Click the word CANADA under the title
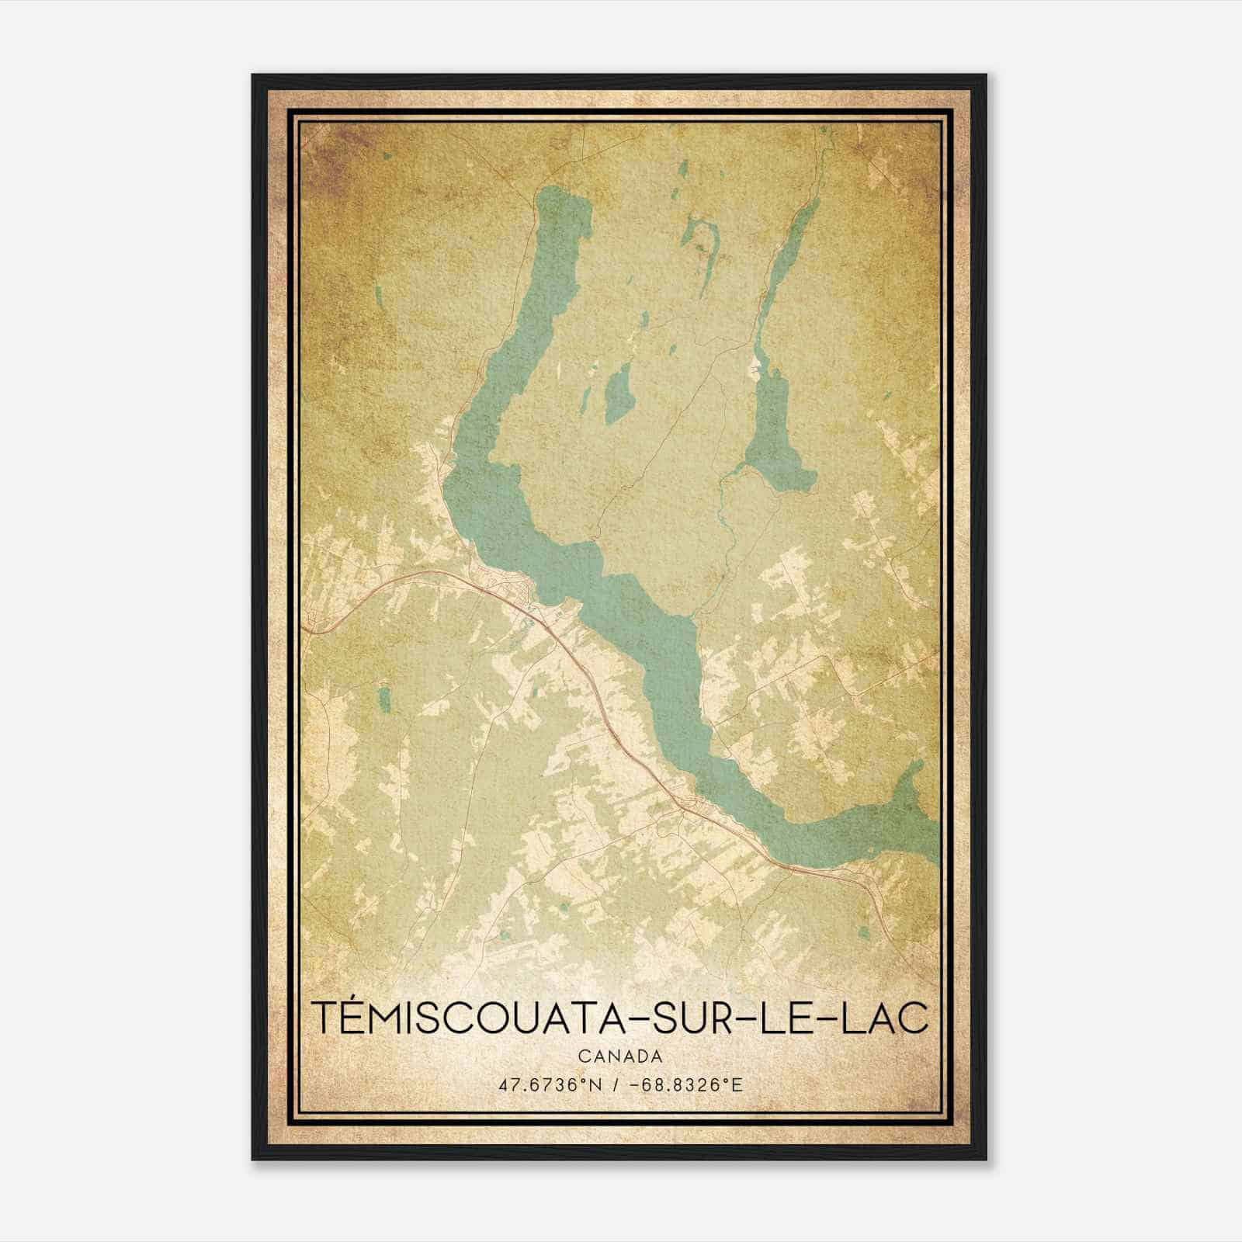619,1056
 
